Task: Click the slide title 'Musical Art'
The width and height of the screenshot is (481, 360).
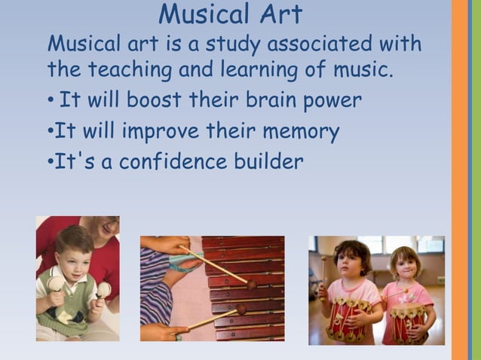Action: click(x=231, y=14)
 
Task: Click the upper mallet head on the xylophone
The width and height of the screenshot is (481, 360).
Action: click(x=251, y=284)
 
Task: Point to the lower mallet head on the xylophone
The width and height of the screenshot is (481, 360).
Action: click(x=241, y=309)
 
